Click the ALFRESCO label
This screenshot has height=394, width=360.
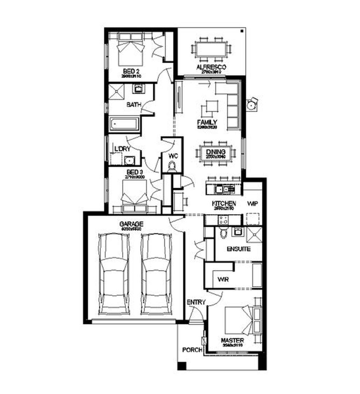pos(211,67)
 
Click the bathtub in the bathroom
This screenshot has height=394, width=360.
pos(124,124)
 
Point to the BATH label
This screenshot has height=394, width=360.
pos(134,105)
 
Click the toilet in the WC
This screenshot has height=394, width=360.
pos(173,166)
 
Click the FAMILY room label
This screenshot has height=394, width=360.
pos(207,122)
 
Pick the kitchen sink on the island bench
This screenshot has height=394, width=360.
pos(221,189)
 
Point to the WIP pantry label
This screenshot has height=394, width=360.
pos(252,204)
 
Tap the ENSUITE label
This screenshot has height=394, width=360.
pos(239,249)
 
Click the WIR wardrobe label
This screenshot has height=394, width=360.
pos(223,279)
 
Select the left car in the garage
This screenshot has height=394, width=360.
pos(114,274)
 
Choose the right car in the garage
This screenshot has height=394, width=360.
pos(156,274)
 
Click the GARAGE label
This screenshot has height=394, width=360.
pos(131,224)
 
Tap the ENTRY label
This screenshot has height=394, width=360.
pos(196,302)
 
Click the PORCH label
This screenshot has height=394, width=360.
pos(192,350)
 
